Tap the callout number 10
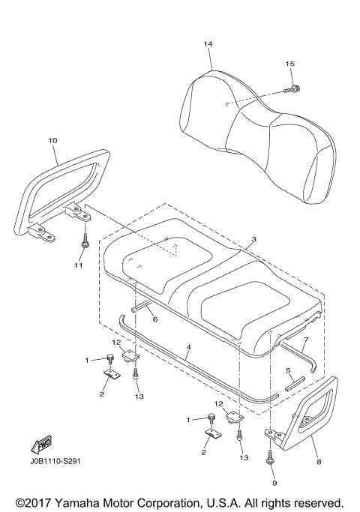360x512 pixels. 52,140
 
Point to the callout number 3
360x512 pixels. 254,239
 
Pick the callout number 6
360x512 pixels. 154,319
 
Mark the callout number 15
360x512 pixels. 289,64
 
